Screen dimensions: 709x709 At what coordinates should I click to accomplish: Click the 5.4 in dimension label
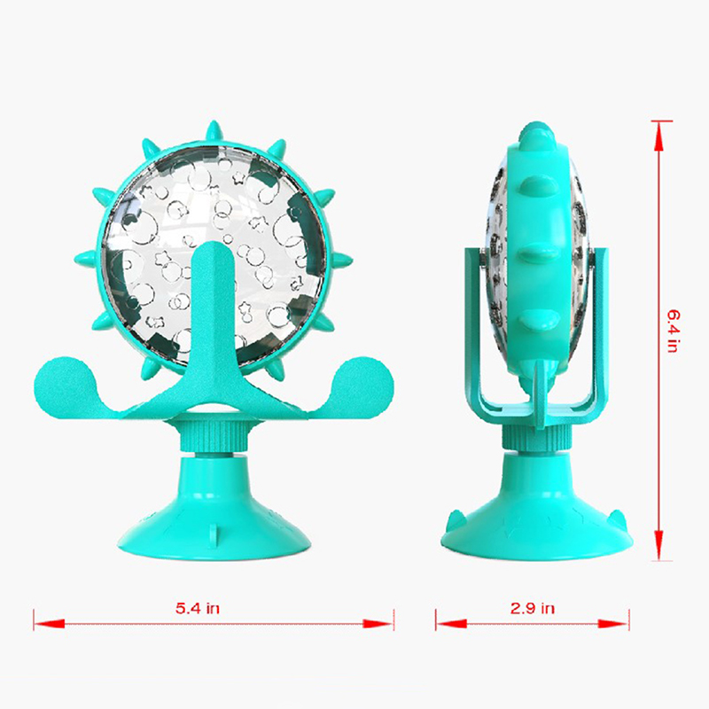pos(198,608)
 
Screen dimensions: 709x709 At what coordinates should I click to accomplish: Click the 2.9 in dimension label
pos(533,608)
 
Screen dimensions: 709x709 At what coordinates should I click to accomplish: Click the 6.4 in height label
pos(674,331)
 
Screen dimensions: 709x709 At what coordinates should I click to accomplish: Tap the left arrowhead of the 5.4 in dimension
pos(49,624)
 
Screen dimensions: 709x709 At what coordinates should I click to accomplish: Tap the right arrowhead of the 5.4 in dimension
pos(378,624)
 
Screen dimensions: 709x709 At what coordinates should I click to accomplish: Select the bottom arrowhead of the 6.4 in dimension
pos(658,545)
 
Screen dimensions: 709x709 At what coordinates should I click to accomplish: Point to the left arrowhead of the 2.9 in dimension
pos(451,624)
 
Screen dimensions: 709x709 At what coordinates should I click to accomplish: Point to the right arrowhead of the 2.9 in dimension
pos(613,624)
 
